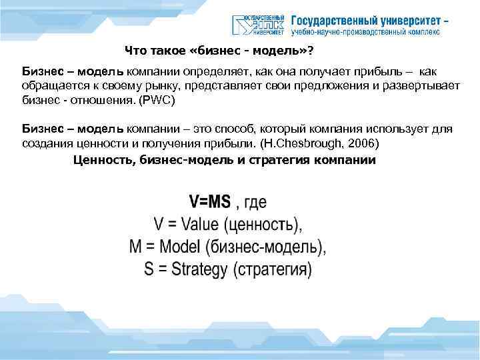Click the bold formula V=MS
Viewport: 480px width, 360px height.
point(211,201)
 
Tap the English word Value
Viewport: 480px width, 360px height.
point(199,223)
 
